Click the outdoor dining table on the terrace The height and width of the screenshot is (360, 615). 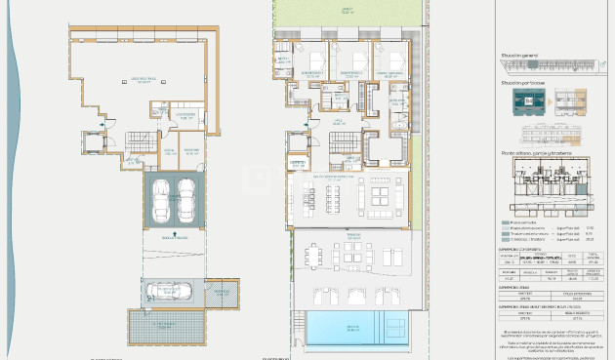tap(313, 257)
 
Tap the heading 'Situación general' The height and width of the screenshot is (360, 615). tap(519, 56)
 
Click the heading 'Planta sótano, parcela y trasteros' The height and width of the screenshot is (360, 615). tap(535, 153)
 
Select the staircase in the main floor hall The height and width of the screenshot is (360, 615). tap(342, 143)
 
